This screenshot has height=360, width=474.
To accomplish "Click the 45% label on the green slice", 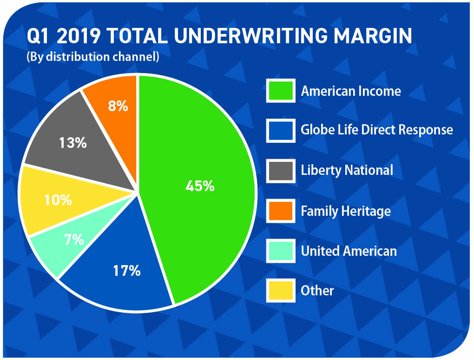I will [x=200, y=187].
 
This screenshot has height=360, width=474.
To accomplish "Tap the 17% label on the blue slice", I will [x=127, y=271].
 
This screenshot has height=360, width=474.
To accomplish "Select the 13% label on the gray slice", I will [x=73, y=143].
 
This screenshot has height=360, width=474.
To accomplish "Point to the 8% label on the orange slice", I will [x=118, y=107].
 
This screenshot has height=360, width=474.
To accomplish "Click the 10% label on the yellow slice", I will [x=58, y=200].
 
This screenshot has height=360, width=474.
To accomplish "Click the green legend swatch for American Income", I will [x=281, y=91].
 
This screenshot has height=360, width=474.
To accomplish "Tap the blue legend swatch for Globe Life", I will [x=281, y=131].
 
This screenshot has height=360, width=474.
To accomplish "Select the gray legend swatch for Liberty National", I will [x=281, y=171].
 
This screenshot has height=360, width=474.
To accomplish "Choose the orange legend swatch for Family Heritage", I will [x=281, y=211].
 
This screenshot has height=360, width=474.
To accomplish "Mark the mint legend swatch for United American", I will [x=281, y=251].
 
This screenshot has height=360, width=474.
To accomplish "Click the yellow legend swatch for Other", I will [x=281, y=291].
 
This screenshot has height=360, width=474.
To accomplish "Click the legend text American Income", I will [x=351, y=91].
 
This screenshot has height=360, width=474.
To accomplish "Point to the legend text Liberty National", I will [x=347, y=170].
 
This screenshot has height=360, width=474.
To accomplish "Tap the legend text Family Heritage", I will [x=346, y=211].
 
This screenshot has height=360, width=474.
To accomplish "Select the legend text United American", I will [x=349, y=251].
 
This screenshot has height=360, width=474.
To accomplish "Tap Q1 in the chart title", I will [x=39, y=36].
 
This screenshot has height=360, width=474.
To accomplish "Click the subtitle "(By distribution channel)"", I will [x=93, y=57].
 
